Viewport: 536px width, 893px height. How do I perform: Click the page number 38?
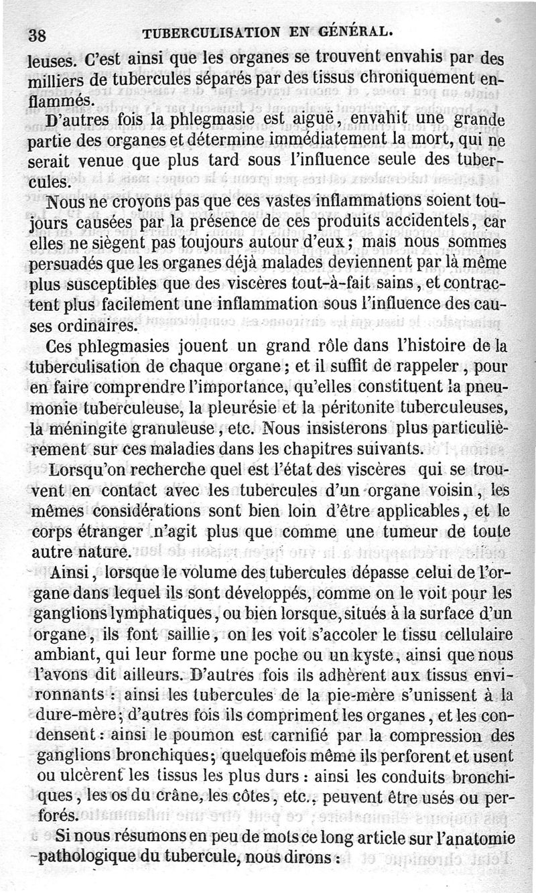(x=35, y=34)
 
